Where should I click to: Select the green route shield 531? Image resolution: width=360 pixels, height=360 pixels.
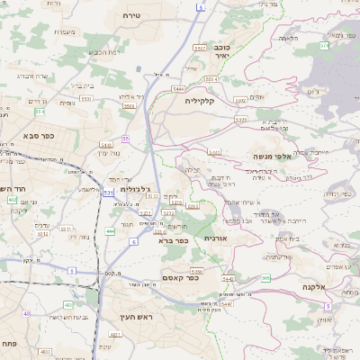(x=108, y=192)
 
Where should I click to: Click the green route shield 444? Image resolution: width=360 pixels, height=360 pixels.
(x=110, y=231)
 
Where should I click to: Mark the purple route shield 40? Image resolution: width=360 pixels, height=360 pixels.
(x=26, y=313)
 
